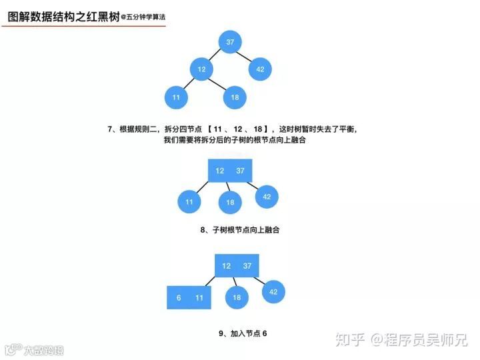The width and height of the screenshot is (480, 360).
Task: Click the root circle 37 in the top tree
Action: pyautogui.click(x=230, y=43)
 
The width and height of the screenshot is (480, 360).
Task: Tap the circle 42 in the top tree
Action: pyautogui.click(x=260, y=69)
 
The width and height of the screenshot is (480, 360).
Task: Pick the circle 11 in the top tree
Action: pyautogui.click(x=176, y=97)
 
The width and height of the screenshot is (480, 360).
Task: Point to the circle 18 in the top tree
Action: pyautogui.click(x=235, y=97)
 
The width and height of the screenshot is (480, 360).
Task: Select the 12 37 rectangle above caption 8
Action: pyautogui.click(x=230, y=171)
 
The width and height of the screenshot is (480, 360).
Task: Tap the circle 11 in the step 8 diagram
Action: pyautogui.click(x=189, y=201)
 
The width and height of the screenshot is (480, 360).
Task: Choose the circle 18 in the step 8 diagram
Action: pyautogui.click(x=230, y=202)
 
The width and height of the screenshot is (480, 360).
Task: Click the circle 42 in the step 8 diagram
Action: pyautogui.click(x=267, y=197)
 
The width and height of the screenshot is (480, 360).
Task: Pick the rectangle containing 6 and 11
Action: pyautogui.click(x=189, y=298)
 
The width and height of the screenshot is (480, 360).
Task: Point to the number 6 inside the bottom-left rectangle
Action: pyautogui.click(x=179, y=298)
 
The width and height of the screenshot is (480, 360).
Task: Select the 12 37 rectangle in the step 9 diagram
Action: pyautogui.click(x=237, y=266)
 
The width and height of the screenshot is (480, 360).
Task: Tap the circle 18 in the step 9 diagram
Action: pyautogui.click(x=237, y=298)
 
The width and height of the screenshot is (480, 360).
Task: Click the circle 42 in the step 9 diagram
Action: pyautogui.click(x=273, y=292)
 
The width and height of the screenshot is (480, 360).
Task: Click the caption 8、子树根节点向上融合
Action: pyautogui.click(x=240, y=230)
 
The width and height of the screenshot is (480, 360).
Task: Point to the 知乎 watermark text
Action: pyautogui.click(x=351, y=340)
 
